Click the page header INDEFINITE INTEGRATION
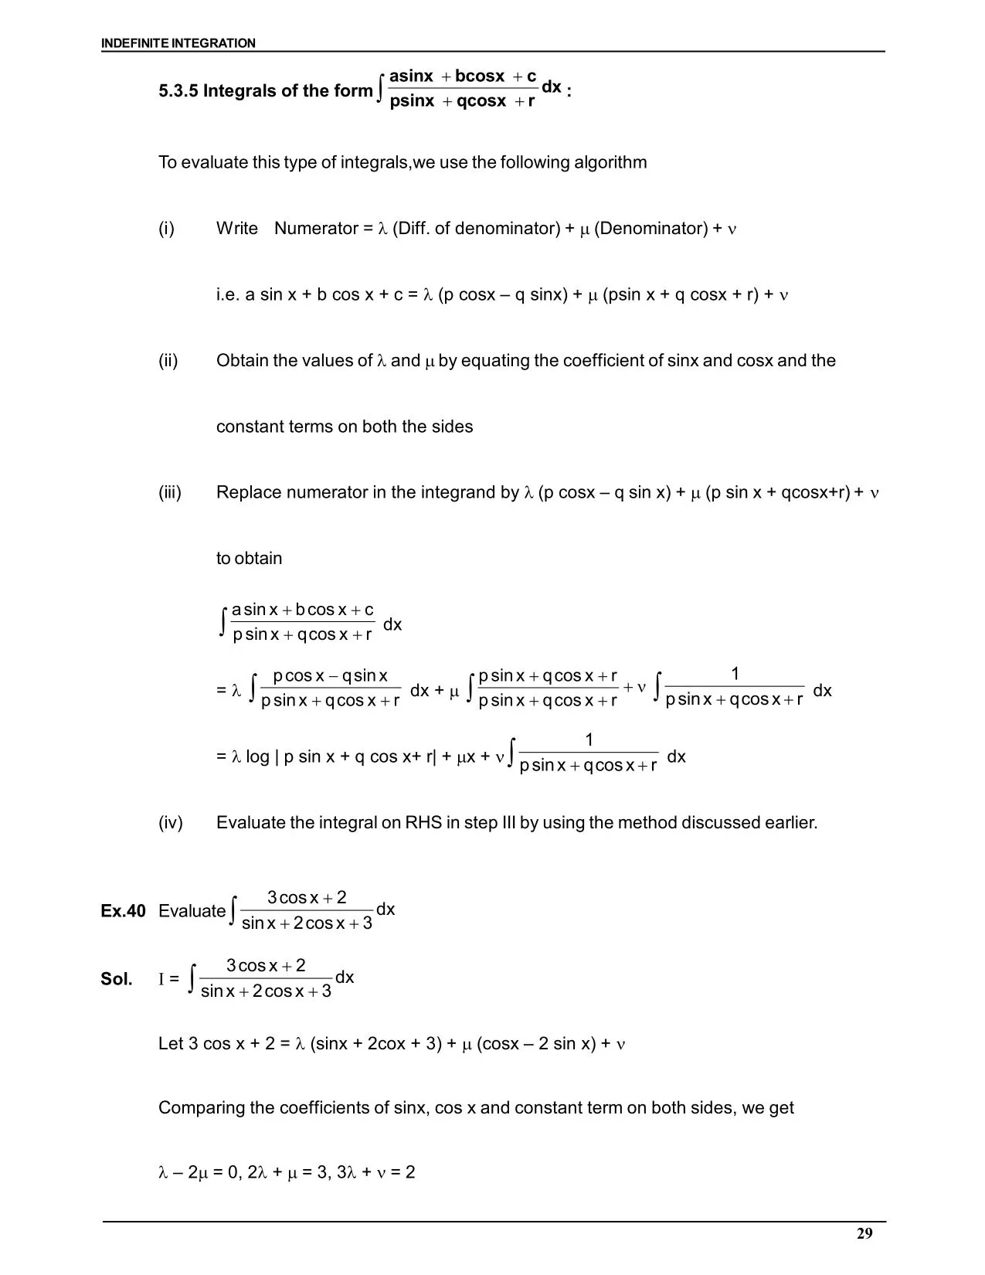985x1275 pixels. [x=178, y=43]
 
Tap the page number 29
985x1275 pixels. [x=864, y=1233]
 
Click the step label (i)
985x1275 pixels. [x=166, y=229]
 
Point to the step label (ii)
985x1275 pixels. [x=168, y=361]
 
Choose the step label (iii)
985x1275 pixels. [x=170, y=493]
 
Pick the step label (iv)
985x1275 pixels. [x=170, y=823]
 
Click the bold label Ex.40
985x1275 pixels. [x=123, y=911]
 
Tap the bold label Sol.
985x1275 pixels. [x=116, y=979]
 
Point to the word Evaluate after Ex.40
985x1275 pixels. [x=192, y=911]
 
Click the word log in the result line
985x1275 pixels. [x=257, y=757]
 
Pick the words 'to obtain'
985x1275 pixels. [x=249, y=559]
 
